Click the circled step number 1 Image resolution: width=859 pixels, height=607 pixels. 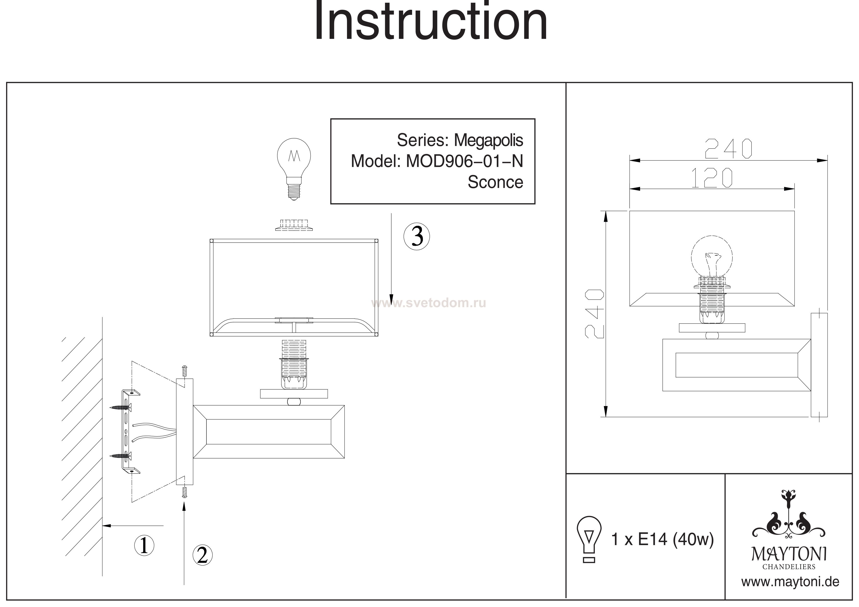click(x=144, y=545)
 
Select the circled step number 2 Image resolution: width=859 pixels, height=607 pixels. click(x=203, y=555)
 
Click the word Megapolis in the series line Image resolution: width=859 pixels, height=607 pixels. click(x=488, y=140)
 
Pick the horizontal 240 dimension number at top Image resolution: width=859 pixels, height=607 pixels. click(x=728, y=149)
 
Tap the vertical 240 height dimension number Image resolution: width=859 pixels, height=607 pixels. click(x=594, y=313)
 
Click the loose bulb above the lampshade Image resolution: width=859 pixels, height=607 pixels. click(x=294, y=168)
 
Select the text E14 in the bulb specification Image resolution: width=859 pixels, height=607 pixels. click(x=653, y=539)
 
